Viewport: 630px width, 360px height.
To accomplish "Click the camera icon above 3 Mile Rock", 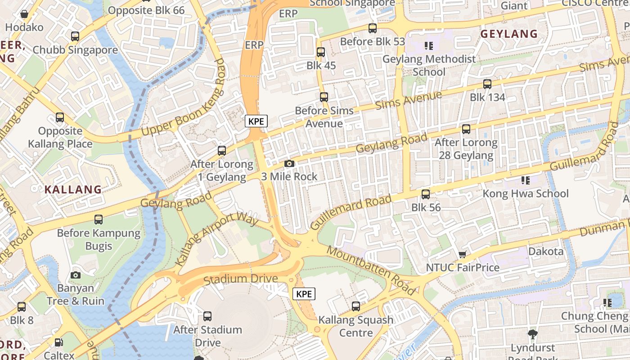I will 289,163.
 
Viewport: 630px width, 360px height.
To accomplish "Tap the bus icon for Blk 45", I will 321,52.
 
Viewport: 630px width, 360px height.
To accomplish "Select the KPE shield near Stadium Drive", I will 304,294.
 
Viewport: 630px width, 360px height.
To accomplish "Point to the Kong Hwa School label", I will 526,193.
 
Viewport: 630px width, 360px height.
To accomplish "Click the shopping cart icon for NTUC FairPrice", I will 462,254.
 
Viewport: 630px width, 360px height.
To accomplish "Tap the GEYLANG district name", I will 509,34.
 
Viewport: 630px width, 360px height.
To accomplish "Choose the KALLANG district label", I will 73,189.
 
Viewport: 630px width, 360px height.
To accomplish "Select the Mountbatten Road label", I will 371,270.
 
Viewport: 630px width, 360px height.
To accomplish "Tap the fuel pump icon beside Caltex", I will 59,342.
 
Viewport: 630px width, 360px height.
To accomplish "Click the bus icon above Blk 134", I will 487,84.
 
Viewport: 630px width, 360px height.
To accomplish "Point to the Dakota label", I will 546,251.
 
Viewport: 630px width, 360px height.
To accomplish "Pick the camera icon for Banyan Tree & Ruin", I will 76,275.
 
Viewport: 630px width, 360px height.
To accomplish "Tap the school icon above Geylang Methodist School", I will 428,45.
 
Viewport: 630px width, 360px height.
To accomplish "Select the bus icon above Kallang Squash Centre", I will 356,306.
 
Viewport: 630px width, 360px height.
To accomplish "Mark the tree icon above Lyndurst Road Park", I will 533,334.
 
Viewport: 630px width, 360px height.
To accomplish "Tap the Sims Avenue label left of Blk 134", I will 408,99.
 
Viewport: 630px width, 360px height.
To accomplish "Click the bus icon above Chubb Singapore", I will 75,36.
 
